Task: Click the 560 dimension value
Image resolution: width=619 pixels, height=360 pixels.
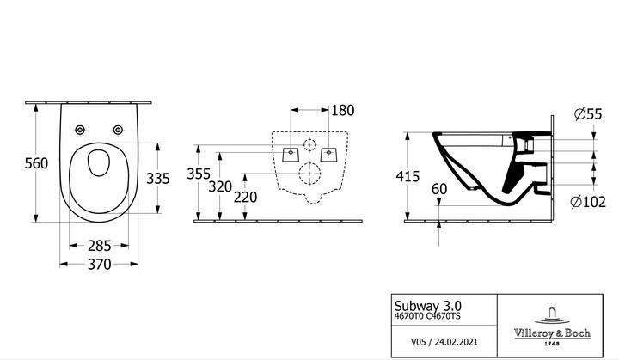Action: pos(36,163)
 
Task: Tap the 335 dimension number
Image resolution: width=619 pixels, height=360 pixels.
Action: pos(158,179)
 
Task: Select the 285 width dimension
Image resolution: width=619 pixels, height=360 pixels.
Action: pos(99,246)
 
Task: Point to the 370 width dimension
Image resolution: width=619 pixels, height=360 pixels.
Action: pos(99,264)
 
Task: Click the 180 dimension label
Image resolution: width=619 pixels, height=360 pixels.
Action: pos(343,111)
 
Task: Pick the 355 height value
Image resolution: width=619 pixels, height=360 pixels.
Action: pos(199,174)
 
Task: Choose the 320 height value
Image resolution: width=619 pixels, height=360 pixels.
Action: pos(220,186)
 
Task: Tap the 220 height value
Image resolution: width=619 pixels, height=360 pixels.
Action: pos(245,197)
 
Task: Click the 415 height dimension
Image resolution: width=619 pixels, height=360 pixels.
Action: pos(408,176)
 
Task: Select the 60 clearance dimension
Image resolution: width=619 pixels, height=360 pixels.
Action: pos(439,190)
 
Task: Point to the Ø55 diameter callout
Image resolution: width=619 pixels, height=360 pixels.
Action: pos(588,114)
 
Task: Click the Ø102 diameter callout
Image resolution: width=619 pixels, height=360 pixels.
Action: pos(588,202)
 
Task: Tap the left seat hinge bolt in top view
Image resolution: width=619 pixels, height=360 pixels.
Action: pos(80,130)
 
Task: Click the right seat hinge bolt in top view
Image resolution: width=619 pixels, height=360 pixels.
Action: pos(118,130)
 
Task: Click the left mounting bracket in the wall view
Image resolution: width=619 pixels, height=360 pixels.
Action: pos(291,155)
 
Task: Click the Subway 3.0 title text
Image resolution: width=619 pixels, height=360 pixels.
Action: pos(427,306)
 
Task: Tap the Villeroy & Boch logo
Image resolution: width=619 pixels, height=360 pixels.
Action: pos(552,326)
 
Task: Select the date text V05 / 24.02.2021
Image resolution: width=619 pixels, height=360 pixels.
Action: pos(444,342)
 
